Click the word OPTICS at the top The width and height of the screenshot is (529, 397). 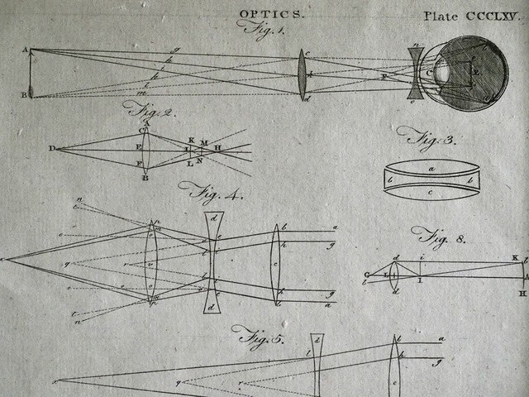(271, 14)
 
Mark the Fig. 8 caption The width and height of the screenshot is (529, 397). (438, 237)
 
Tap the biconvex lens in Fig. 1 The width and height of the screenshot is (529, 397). (303, 74)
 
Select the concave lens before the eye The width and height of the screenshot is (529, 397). (416, 74)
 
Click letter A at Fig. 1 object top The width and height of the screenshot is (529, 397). (25, 50)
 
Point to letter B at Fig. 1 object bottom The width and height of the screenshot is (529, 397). (24, 95)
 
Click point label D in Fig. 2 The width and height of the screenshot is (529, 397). (51, 149)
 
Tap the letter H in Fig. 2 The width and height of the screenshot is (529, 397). (217, 148)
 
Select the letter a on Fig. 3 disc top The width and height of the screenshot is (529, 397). (431, 168)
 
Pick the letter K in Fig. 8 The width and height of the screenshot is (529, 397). (514, 259)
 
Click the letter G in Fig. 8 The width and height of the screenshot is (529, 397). (366, 275)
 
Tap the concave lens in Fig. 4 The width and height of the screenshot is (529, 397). (213, 263)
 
